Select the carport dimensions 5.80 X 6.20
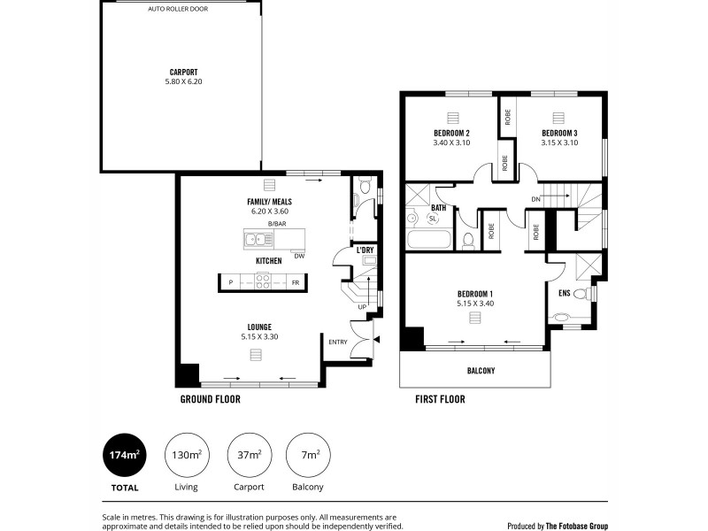pyautogui.click(x=183, y=81)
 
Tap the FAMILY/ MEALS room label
pyautogui.click(x=271, y=202)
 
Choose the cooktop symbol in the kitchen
pyautogui.click(x=264, y=282)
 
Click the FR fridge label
pyautogui.click(x=296, y=282)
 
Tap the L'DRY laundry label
pyautogui.click(x=365, y=251)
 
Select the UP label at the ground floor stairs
pyautogui.click(x=361, y=307)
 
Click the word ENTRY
pyautogui.click(x=338, y=342)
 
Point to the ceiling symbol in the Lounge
pyautogui.click(x=256, y=354)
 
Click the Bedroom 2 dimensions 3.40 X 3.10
pyautogui.click(x=450, y=142)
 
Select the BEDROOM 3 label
pyautogui.click(x=559, y=133)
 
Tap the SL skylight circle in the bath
pyautogui.click(x=433, y=218)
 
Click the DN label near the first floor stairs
pyautogui.click(x=536, y=198)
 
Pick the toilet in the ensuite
pyautogui.click(x=581, y=294)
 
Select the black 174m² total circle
pyautogui.click(x=125, y=456)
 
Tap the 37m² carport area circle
pyautogui.click(x=248, y=456)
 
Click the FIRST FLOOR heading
pyautogui.click(x=440, y=399)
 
